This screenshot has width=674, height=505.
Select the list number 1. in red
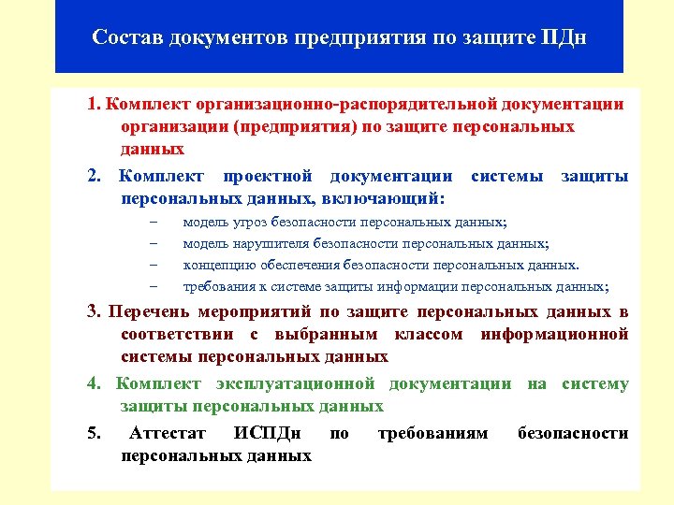click(95, 104)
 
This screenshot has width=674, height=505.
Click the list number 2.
click(95, 177)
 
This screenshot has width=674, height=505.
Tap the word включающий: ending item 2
click(386, 198)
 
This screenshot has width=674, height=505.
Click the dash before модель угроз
click(153, 223)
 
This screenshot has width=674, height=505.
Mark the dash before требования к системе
click(153, 286)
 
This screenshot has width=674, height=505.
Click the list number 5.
click(94, 434)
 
